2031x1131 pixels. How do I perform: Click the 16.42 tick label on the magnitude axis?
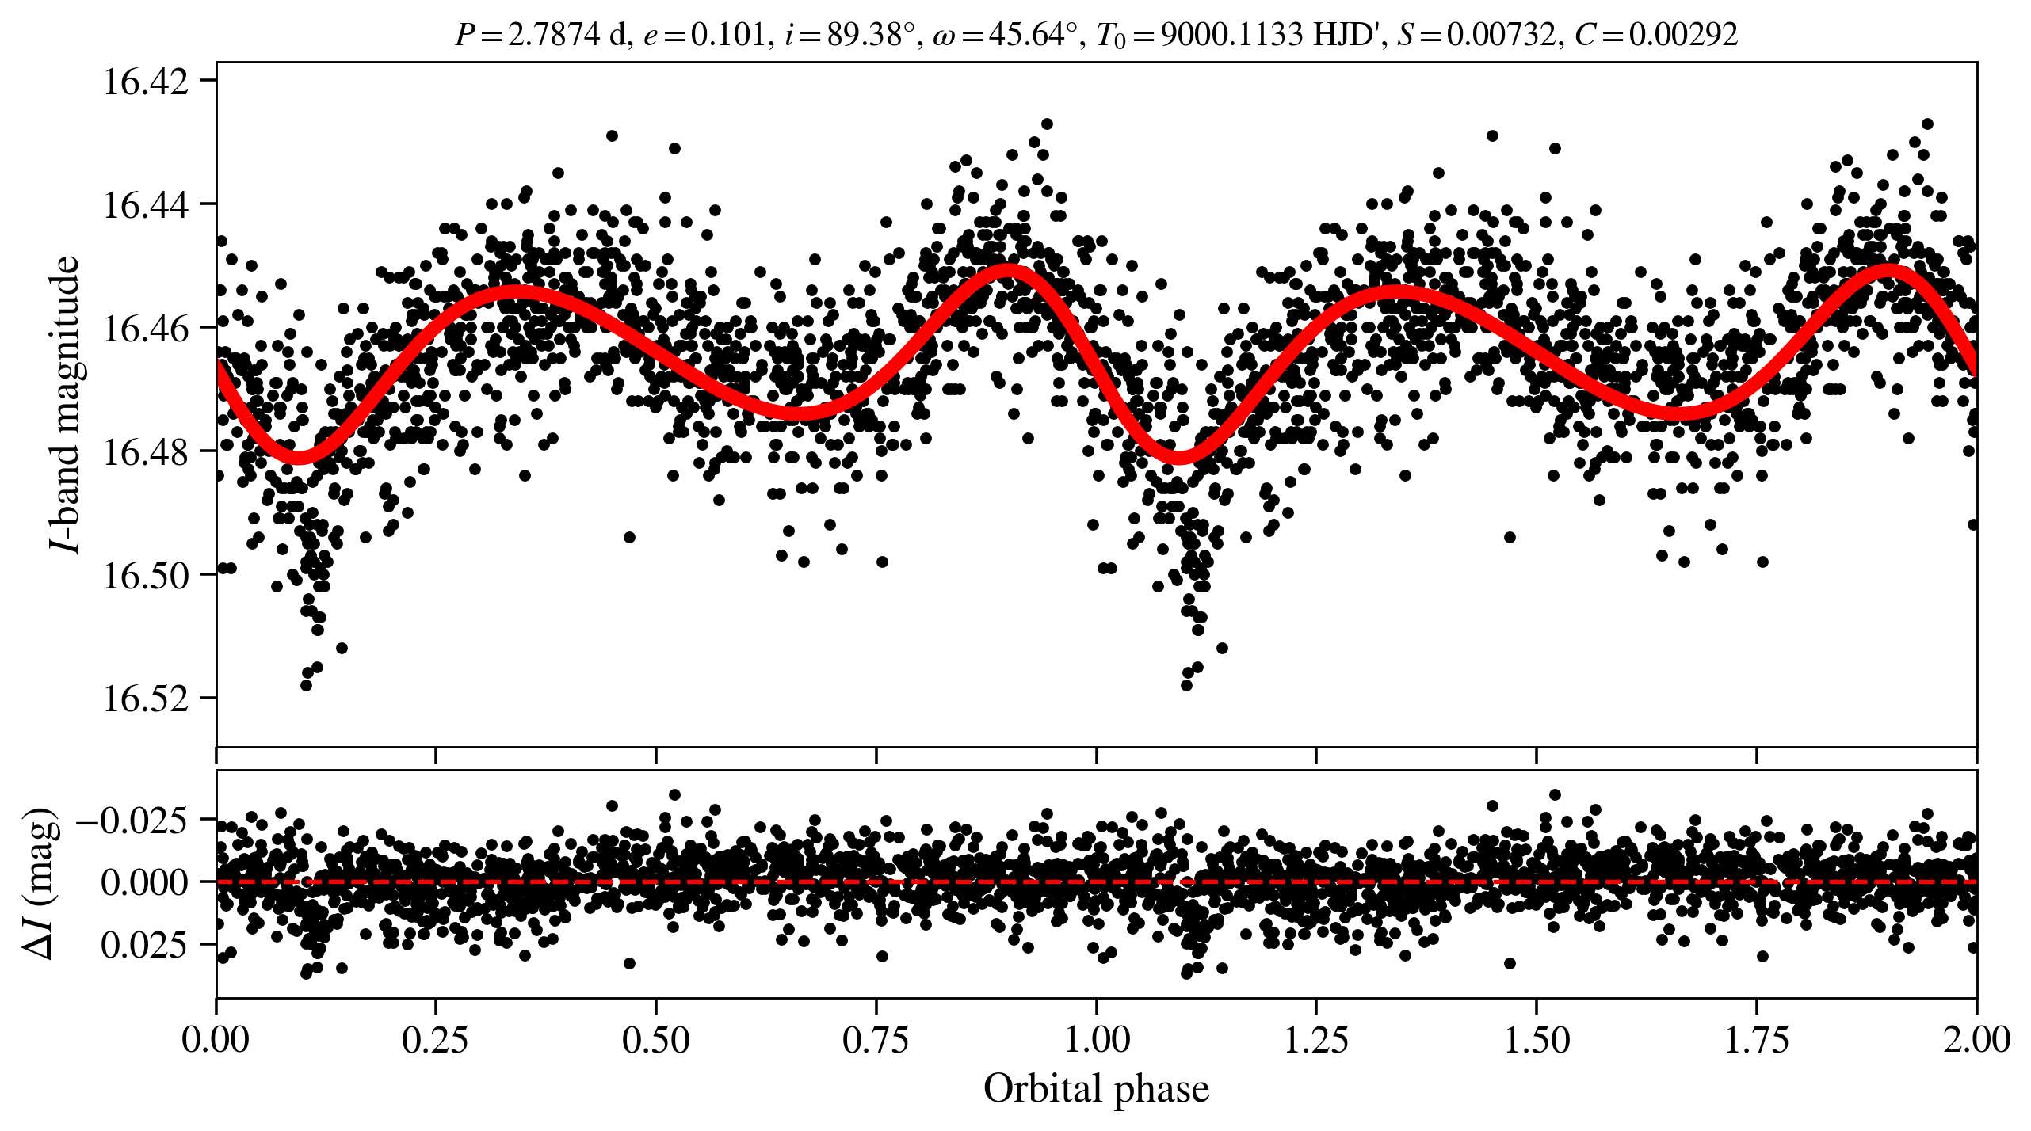(x=147, y=82)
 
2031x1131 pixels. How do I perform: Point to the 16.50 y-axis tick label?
(x=147, y=576)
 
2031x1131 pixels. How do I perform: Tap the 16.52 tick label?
(x=147, y=699)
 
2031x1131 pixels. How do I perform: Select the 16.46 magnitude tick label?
(x=147, y=329)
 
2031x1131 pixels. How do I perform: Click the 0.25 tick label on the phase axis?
(x=435, y=1039)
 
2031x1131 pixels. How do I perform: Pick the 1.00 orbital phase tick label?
(x=1096, y=1039)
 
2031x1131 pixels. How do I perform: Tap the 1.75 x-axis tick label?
(x=1757, y=1039)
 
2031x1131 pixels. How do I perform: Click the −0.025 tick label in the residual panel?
(x=133, y=820)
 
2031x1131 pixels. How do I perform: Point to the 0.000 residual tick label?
(x=144, y=882)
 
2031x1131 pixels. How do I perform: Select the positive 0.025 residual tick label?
(x=144, y=945)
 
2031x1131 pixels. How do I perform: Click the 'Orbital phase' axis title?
(x=1096, y=1088)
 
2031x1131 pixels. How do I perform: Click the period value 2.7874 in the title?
(x=553, y=35)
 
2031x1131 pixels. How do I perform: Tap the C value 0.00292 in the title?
(x=1683, y=35)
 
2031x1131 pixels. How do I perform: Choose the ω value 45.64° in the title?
(x=1038, y=35)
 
